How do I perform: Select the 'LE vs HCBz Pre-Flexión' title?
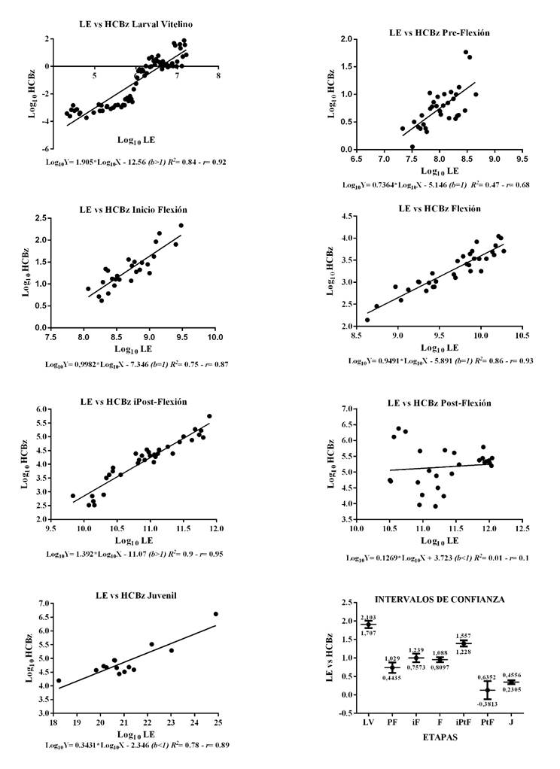[x=440, y=32]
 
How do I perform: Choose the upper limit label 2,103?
[x=369, y=617]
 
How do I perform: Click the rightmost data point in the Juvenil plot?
[x=216, y=614]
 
